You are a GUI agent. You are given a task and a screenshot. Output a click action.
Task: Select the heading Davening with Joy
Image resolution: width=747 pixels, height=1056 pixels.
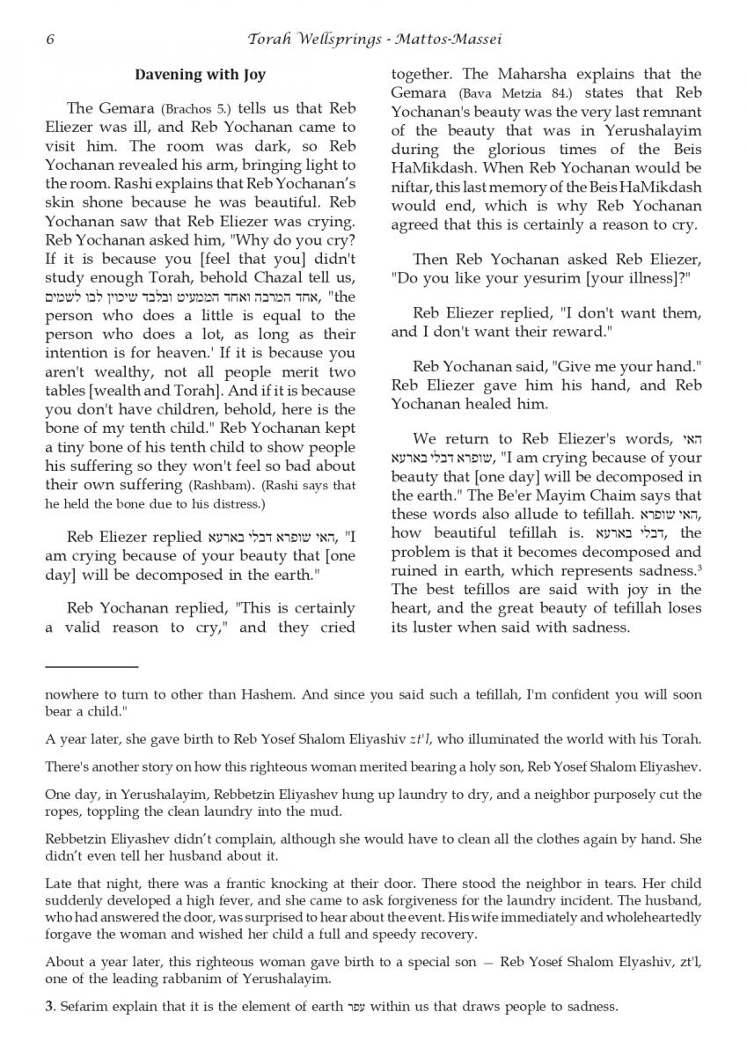[x=200, y=75]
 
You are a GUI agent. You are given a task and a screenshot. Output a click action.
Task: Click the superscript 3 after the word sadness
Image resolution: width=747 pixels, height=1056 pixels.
[x=699, y=568]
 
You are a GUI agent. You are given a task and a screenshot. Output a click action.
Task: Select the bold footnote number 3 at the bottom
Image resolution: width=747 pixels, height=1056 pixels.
[x=49, y=1007]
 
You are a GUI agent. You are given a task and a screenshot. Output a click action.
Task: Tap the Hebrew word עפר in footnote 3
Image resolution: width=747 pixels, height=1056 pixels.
[x=355, y=1007]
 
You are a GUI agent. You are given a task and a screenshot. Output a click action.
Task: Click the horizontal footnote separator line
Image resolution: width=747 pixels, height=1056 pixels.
[x=92, y=667]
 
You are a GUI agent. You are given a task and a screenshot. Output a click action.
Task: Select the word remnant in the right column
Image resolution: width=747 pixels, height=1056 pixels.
[x=675, y=112]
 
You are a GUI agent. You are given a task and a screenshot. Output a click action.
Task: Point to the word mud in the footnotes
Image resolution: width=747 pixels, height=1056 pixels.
[x=326, y=812]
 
